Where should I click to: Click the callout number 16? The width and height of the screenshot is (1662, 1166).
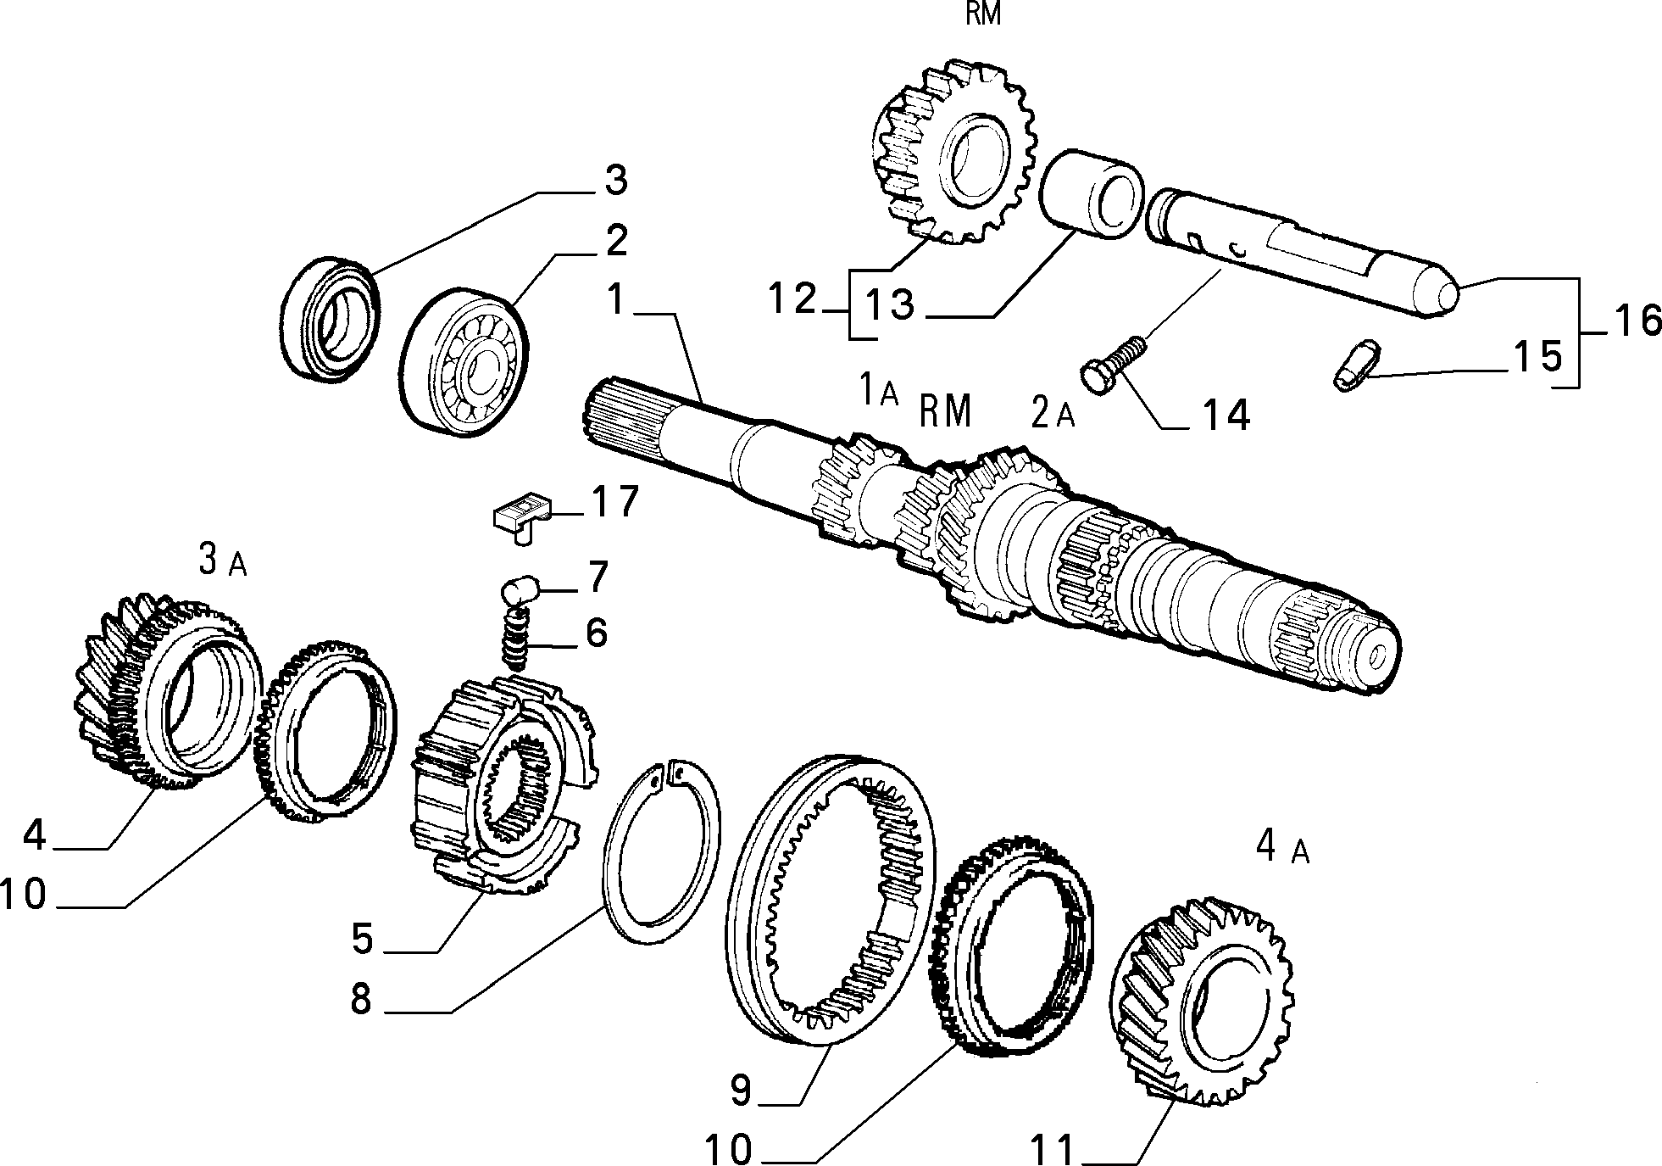click(1636, 322)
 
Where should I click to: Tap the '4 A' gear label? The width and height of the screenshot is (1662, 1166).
click(1282, 848)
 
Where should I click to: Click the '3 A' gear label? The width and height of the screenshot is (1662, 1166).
click(222, 561)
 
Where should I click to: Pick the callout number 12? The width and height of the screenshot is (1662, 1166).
click(792, 299)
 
